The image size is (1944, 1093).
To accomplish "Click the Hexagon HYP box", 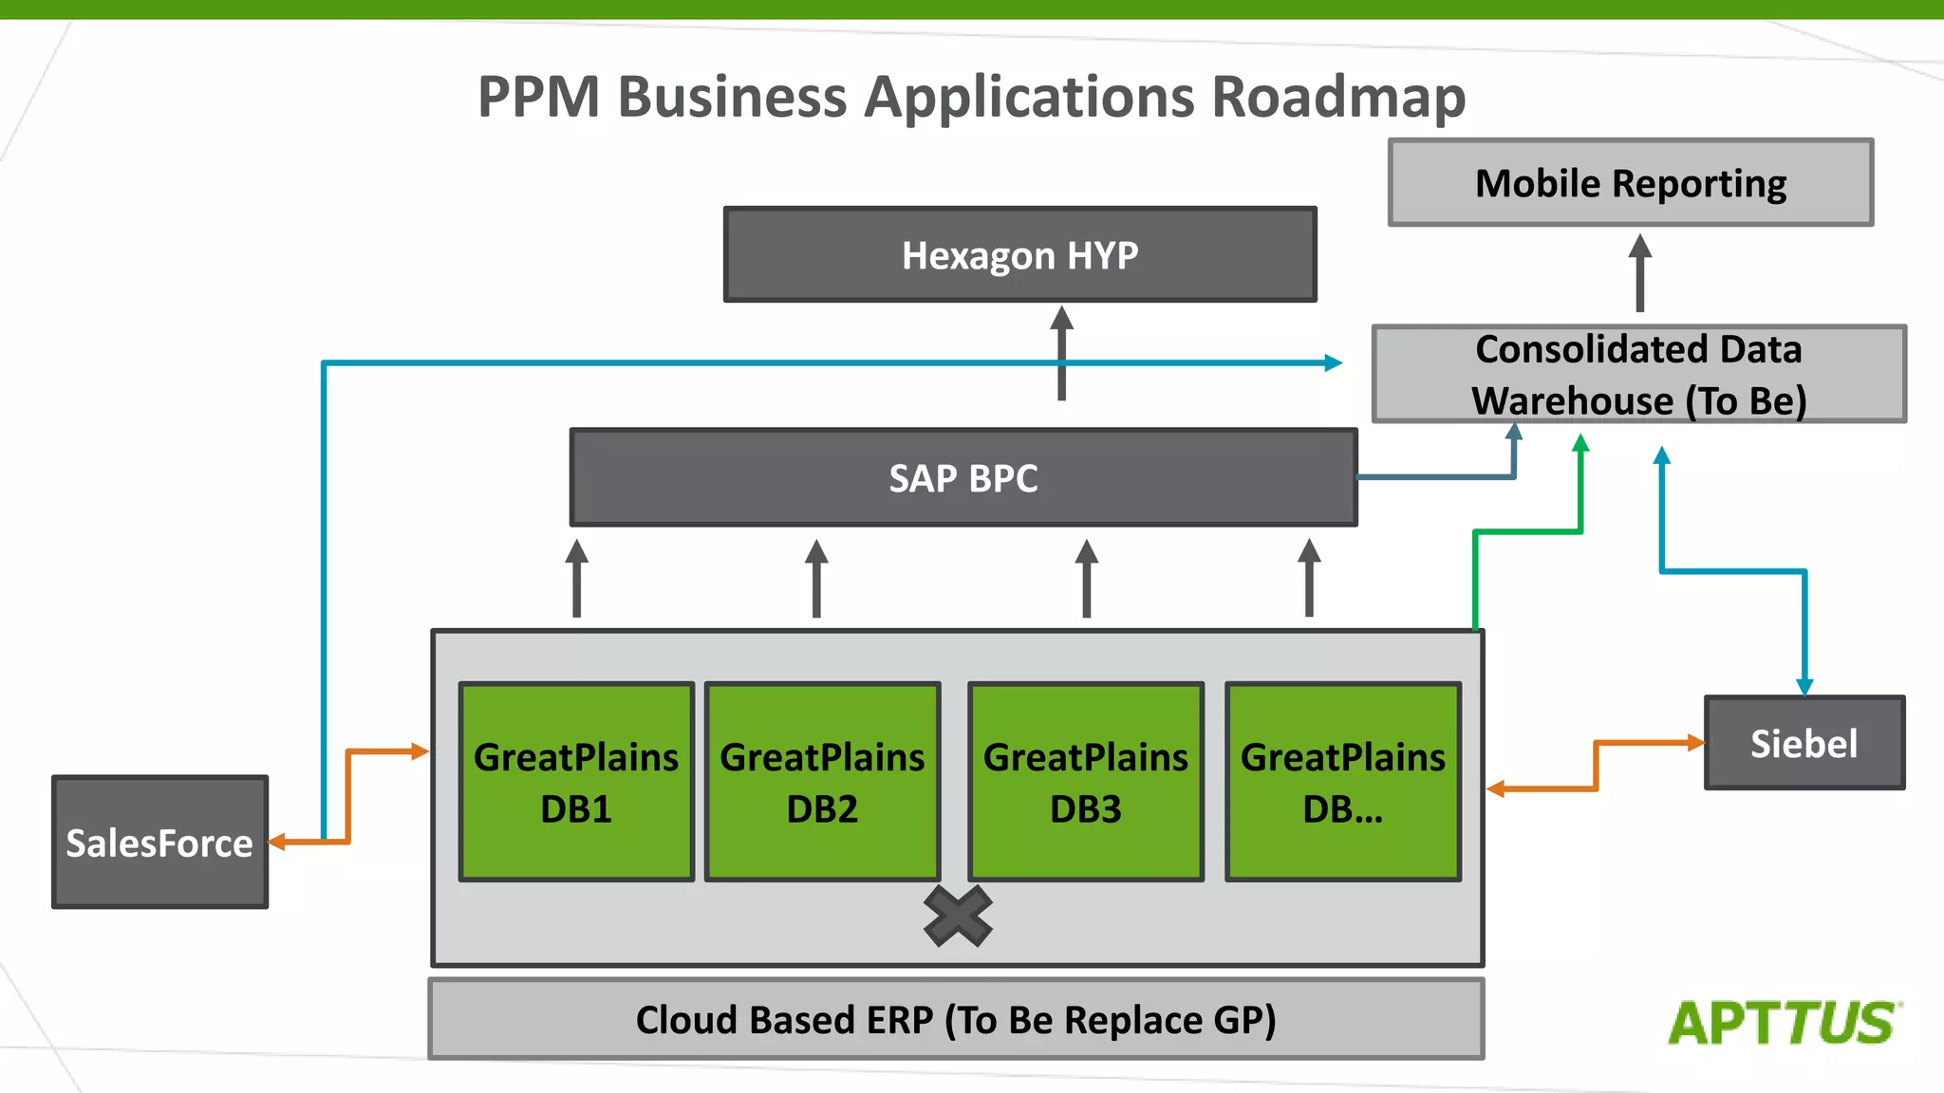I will pos(1019,255).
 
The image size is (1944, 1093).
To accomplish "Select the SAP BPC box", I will pos(963,478).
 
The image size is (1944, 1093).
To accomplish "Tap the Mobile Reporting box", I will pos(1630,183).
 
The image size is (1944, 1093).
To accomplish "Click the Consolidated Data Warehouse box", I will pos(1638,374).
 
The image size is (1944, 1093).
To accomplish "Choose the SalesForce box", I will pos(159,843).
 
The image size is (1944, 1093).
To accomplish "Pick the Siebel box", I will pos(1804,743).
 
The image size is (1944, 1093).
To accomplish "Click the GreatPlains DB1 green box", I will pos(576,782).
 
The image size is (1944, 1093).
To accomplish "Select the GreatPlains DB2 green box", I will pos(822,782).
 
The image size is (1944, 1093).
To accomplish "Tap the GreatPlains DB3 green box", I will pos(1086,782).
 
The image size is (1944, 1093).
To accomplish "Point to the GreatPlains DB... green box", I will pos(1342,782).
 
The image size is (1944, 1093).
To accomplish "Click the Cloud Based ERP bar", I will pos(956,1019).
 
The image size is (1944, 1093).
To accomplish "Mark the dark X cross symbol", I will pos(958,917).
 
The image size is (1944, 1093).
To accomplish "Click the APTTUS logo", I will pos(1784,1023).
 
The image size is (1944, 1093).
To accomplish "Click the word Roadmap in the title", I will pos(1338,97).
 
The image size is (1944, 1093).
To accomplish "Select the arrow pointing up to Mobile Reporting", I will pos(1639,272).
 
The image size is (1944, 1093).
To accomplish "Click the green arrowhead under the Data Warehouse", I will pos(1580,443).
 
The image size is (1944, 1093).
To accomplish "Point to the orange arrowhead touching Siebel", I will pos(1695,742).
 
